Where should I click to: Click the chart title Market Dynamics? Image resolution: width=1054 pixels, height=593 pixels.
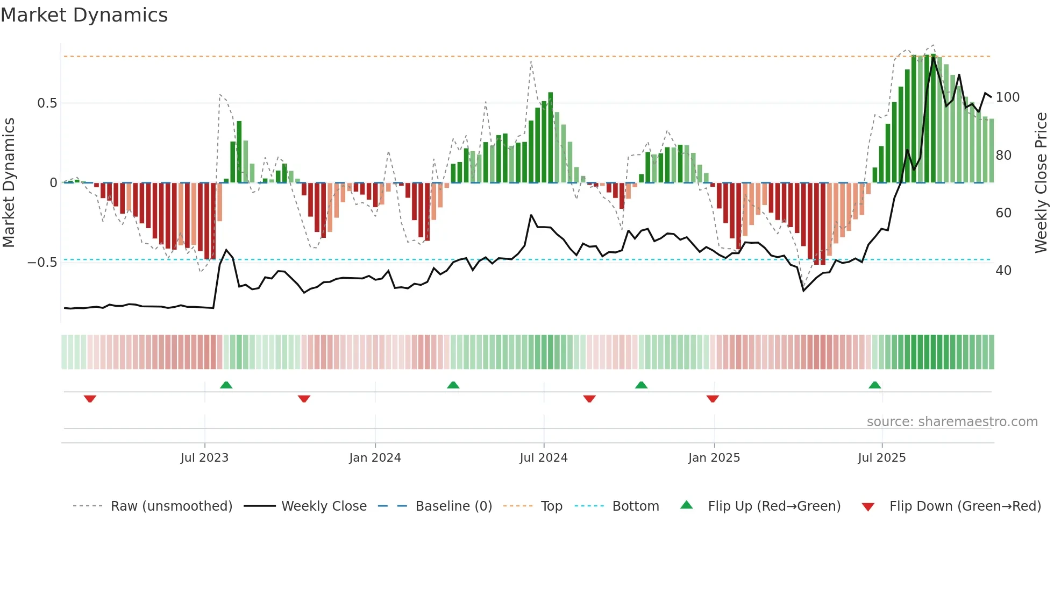pyautogui.click(x=84, y=15)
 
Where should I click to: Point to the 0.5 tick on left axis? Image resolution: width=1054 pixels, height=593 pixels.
pyautogui.click(x=47, y=103)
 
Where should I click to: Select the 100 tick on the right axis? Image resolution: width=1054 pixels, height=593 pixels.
pyautogui.click(x=1007, y=97)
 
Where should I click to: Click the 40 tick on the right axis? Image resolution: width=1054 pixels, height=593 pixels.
pyautogui.click(x=1003, y=271)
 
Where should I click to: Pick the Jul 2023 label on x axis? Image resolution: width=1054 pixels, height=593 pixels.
pyautogui.click(x=204, y=458)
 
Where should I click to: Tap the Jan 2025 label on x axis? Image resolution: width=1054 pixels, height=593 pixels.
pyautogui.click(x=714, y=458)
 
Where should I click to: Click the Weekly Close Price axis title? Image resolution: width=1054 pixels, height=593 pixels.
pyautogui.click(x=1041, y=183)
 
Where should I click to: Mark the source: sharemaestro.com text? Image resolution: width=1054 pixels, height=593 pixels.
pyautogui.click(x=952, y=422)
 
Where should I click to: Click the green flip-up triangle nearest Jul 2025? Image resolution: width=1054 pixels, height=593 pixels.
pyautogui.click(x=874, y=385)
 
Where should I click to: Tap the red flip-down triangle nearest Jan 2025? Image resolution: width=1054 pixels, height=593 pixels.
pyautogui.click(x=713, y=399)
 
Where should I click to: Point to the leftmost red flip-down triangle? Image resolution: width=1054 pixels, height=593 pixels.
pyautogui.click(x=90, y=399)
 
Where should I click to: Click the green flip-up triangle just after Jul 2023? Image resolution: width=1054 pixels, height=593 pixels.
pyautogui.click(x=226, y=385)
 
